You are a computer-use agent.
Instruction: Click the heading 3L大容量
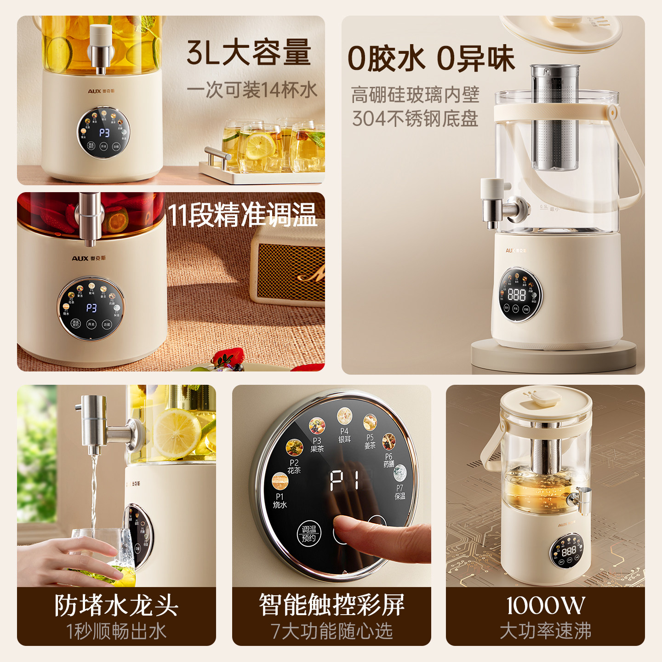tap(249, 52)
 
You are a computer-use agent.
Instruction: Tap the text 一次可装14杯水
tap(252, 90)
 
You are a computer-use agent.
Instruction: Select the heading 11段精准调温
tap(242, 215)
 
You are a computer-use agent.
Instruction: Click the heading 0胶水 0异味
tap(431, 58)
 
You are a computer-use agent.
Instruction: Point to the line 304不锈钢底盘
tap(415, 119)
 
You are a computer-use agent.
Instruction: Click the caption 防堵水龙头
tap(116, 605)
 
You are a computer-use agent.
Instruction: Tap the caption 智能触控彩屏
tap(331, 605)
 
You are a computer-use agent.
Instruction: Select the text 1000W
tap(545, 605)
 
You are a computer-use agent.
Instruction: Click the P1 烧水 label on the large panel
tap(280, 501)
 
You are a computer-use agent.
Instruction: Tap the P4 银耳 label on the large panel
tap(344, 435)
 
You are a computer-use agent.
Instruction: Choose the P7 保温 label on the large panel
tap(400, 492)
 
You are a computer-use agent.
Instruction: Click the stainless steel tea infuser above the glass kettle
tap(555, 117)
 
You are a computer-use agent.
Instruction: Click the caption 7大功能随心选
tap(331, 631)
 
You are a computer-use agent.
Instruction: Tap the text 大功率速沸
tap(545, 631)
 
